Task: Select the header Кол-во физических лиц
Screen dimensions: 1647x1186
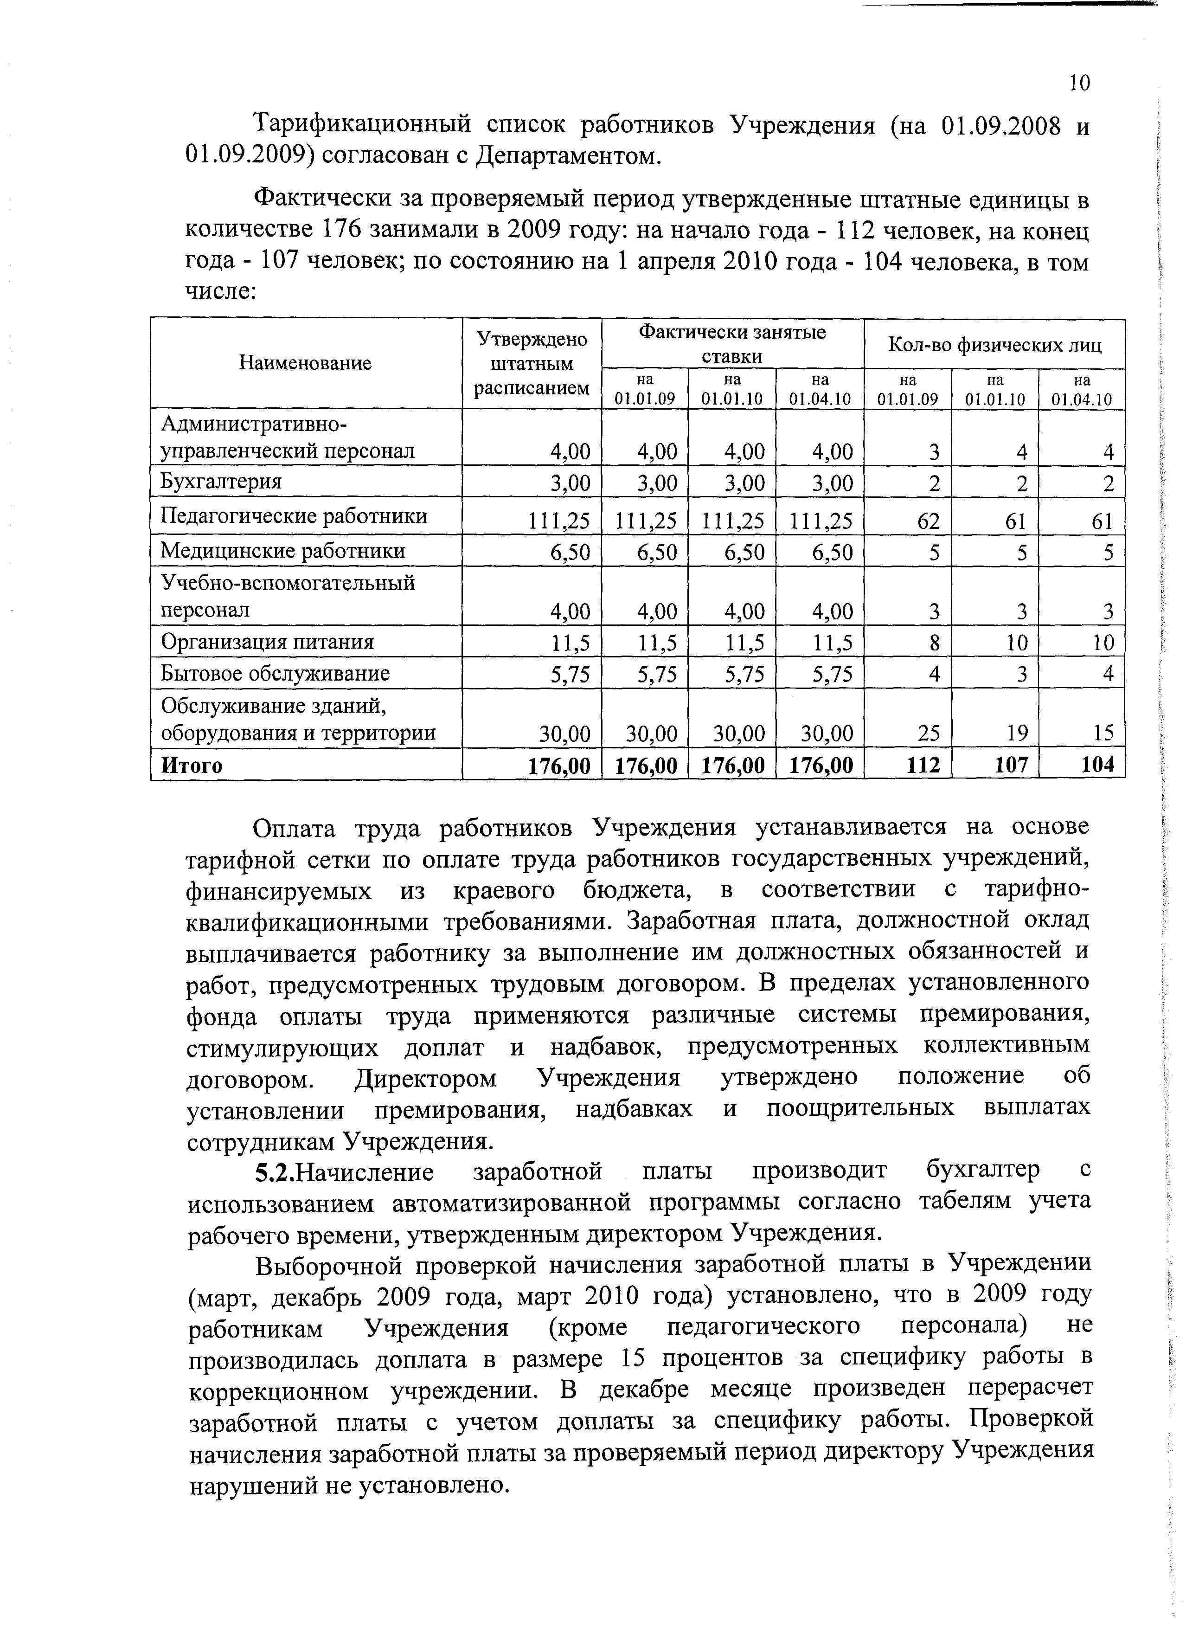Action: (x=994, y=345)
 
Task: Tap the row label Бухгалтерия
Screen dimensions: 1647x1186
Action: (x=221, y=482)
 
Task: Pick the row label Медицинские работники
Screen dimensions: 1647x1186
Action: (x=282, y=550)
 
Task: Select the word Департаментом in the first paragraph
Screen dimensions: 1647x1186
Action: (x=566, y=157)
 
